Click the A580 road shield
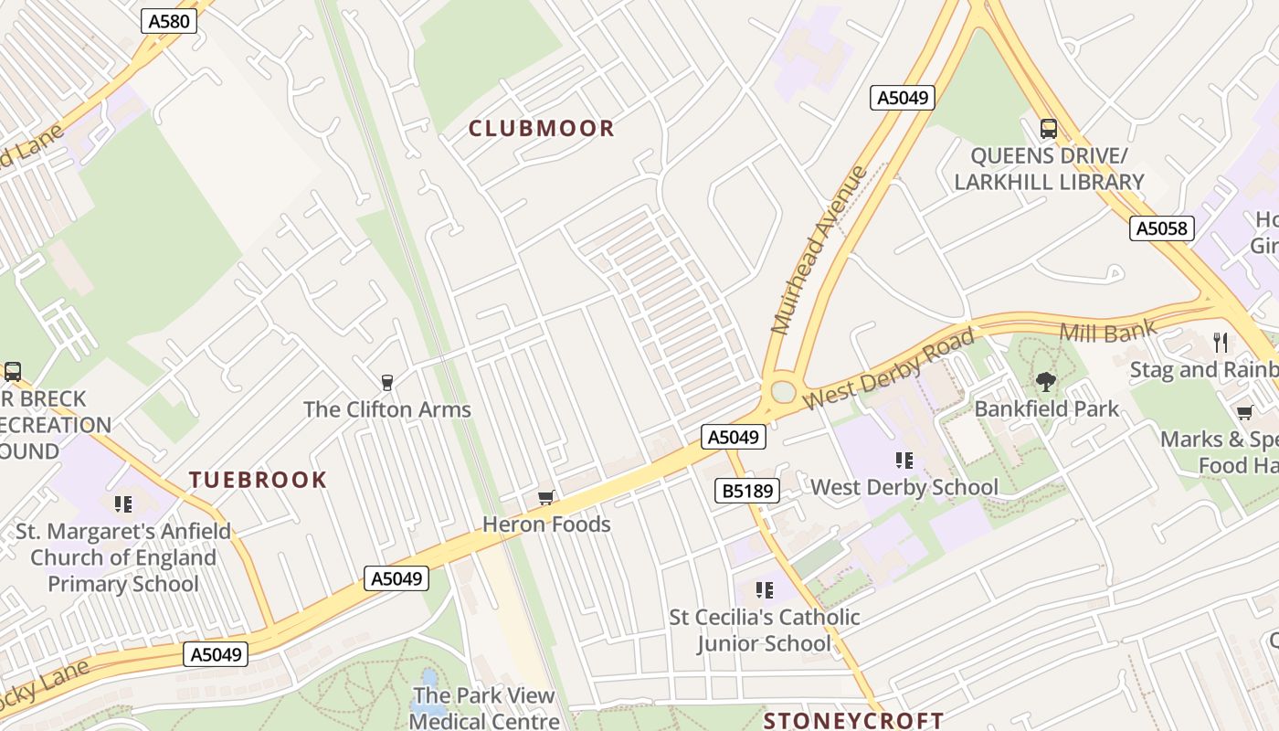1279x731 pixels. (x=169, y=21)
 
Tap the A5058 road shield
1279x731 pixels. (x=1162, y=228)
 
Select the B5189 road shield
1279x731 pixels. (x=748, y=492)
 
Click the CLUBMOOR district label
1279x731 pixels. (x=542, y=129)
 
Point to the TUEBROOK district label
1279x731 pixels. (x=258, y=480)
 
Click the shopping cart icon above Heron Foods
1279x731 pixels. (x=545, y=498)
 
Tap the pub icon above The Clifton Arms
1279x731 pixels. (x=387, y=382)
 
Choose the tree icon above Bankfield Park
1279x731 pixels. (x=1046, y=382)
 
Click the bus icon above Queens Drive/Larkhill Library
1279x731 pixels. (x=1049, y=129)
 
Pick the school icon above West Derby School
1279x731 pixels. (x=904, y=461)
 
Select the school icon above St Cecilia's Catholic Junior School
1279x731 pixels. (x=765, y=590)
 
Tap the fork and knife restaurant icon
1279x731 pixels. (x=1221, y=343)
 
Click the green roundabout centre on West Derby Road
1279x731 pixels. (x=783, y=391)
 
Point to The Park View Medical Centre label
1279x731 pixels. (x=484, y=708)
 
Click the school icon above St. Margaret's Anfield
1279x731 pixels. (x=123, y=504)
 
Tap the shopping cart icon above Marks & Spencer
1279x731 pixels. (x=1243, y=412)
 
